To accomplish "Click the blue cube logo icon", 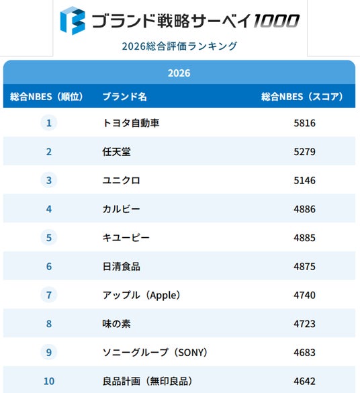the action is [x=73, y=21].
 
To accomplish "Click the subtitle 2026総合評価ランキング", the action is [x=179, y=46].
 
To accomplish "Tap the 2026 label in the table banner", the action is [x=179, y=73].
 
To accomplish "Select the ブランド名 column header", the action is [x=124, y=97].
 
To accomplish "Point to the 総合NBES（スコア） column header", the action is [x=302, y=97].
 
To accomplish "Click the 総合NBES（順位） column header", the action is [x=46, y=97].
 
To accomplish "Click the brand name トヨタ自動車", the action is [x=131, y=123].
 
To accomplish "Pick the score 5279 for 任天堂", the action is [x=304, y=152].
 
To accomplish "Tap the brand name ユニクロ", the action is [x=122, y=180].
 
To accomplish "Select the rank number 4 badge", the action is [x=49, y=209].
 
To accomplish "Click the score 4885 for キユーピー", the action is [x=304, y=238].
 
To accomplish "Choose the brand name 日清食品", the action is [x=122, y=267].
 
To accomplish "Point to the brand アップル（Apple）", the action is [x=142, y=295].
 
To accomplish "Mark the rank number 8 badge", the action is [x=49, y=324].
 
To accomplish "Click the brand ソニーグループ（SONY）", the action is [x=155, y=353].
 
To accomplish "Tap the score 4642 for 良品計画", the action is [x=304, y=381].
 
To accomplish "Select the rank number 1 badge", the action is [x=49, y=123].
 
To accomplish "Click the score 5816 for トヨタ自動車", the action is [x=304, y=123].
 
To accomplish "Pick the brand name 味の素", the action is [x=116, y=324].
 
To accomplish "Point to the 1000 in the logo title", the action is [x=276, y=21].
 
